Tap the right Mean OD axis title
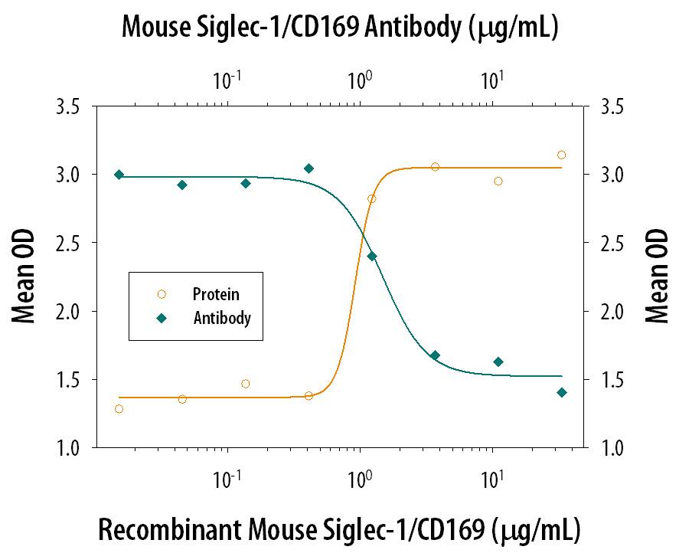coord(655,276)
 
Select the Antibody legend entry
coord(222,318)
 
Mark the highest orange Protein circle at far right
coord(562,155)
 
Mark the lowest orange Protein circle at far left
coord(119,409)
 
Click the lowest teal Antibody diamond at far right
coord(562,392)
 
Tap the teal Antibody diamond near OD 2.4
coord(372,256)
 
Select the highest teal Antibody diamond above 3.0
coord(308,169)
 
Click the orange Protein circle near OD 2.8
coord(372,199)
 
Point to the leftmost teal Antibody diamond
coord(119,175)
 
